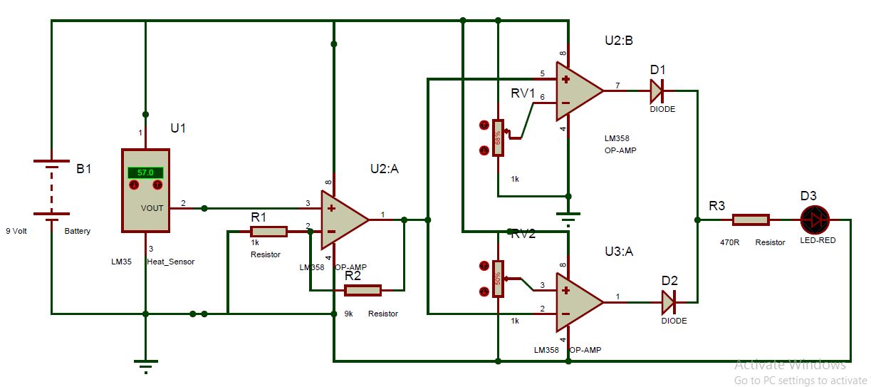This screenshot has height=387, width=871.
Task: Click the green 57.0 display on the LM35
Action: tap(145, 172)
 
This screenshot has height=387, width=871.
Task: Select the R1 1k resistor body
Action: tap(268, 232)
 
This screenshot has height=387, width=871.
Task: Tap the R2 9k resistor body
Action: tap(363, 290)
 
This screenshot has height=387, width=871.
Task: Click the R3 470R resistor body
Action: tap(751, 220)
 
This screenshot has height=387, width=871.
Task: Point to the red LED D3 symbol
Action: tap(815, 220)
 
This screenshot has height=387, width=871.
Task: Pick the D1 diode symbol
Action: tap(656, 91)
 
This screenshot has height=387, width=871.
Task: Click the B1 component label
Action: tap(84, 169)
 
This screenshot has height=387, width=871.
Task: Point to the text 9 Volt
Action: tap(16, 232)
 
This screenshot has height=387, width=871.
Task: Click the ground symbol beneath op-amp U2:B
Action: tap(567, 217)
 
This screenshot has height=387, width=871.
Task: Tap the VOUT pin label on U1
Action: tap(152, 207)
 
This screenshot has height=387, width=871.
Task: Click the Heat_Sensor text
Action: tap(170, 262)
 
